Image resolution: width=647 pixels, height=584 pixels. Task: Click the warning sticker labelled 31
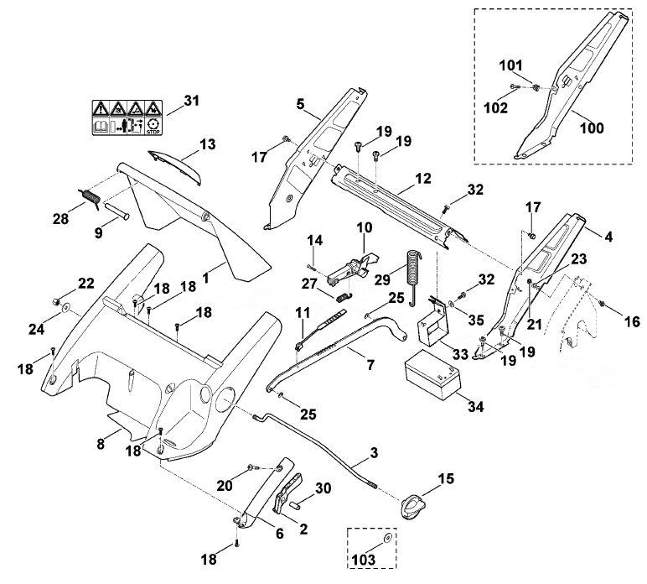[127, 117]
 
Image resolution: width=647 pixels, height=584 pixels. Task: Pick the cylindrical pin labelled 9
[116, 210]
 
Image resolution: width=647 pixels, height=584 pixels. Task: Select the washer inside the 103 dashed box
[387, 538]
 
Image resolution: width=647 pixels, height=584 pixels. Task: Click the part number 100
[592, 128]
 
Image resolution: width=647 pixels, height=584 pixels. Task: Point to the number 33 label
[460, 354]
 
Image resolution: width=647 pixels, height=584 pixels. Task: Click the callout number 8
[101, 445]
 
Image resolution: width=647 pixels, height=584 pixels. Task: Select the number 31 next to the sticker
[191, 101]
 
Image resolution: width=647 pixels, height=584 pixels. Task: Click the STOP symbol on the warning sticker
[153, 126]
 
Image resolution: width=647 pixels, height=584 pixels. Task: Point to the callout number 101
[511, 65]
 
